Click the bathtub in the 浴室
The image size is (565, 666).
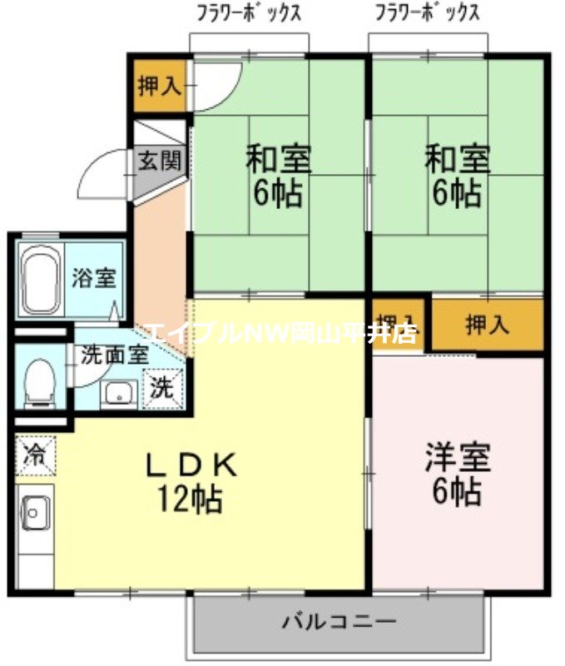(x=38, y=279)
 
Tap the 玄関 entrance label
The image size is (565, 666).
(x=158, y=162)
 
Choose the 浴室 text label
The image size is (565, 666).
(x=92, y=278)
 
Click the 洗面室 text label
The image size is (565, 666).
(x=115, y=353)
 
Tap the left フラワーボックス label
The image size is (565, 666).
(x=248, y=13)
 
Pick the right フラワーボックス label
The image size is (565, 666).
(x=427, y=13)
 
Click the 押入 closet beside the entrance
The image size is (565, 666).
(x=159, y=85)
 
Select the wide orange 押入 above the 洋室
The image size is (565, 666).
(x=487, y=325)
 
